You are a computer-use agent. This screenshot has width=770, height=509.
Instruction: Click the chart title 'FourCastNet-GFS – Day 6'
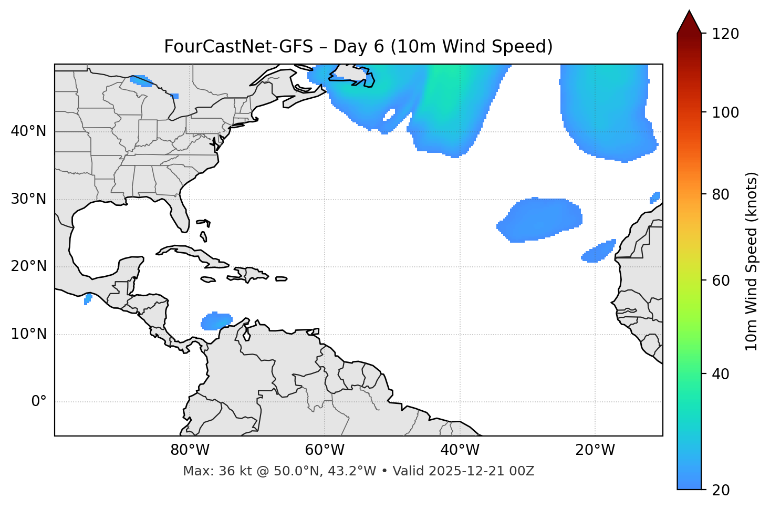pos(358,47)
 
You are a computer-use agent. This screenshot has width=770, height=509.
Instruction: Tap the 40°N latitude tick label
pos(28,131)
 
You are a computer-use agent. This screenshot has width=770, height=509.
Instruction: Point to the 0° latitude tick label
pos(39,402)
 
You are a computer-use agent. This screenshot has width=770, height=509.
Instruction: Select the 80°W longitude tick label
pos(190,450)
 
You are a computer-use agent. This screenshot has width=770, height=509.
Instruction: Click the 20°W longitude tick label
pos(595,450)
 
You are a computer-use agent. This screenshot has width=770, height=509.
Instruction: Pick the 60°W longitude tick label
pos(325,450)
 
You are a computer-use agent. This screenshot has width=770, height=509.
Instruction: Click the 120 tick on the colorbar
pos(725,34)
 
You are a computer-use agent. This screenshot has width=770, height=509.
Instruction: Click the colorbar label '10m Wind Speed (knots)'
pos(752,261)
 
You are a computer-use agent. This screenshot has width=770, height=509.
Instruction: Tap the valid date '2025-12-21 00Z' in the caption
pos(481,471)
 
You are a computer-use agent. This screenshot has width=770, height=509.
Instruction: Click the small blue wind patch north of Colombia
pos(216,321)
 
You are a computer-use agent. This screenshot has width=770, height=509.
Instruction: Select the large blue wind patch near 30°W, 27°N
pos(541,219)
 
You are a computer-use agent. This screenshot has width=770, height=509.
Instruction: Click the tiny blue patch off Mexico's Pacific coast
pos(88,299)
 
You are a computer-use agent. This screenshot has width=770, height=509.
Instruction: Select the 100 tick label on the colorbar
pos(725,112)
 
